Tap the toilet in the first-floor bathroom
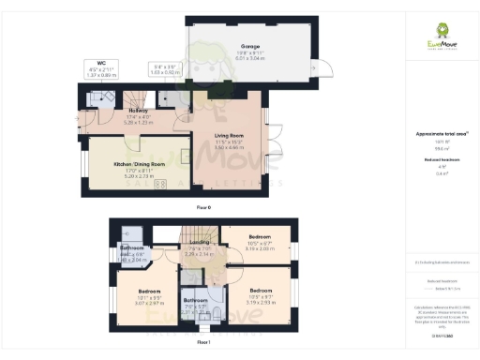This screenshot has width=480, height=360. point(217,312)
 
